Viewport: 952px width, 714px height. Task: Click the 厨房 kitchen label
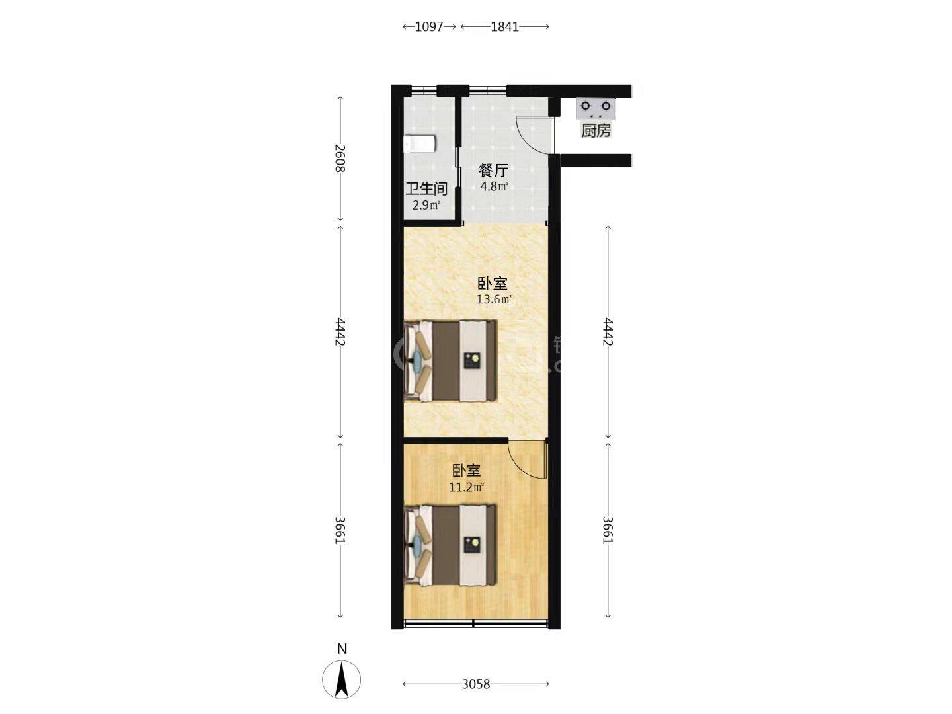pyautogui.click(x=596, y=130)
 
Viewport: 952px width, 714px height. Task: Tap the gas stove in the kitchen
pyautogui.click(x=596, y=108)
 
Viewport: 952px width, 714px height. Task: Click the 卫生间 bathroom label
pyautogui.click(x=426, y=189)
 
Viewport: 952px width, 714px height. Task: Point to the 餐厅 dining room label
pyautogui.click(x=494, y=170)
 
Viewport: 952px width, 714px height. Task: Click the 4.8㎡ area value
pyautogui.click(x=494, y=187)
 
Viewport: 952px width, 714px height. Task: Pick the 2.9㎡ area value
pyautogui.click(x=426, y=205)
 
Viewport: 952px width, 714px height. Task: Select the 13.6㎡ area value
pyautogui.click(x=494, y=299)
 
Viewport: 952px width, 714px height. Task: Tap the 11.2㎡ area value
pyautogui.click(x=466, y=487)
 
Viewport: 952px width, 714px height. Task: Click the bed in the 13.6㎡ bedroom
pyautogui.click(x=450, y=361)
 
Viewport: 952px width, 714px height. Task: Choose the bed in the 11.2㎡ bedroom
pyautogui.click(x=450, y=545)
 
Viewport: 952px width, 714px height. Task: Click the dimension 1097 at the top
pyautogui.click(x=429, y=27)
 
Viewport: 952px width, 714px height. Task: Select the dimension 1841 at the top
pyautogui.click(x=505, y=27)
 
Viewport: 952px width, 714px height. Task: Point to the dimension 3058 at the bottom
pyautogui.click(x=476, y=684)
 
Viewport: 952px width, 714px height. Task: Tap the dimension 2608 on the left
pyautogui.click(x=340, y=158)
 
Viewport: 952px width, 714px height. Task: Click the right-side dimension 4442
pyautogui.click(x=608, y=332)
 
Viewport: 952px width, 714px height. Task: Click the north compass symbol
pyautogui.click(x=342, y=679)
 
